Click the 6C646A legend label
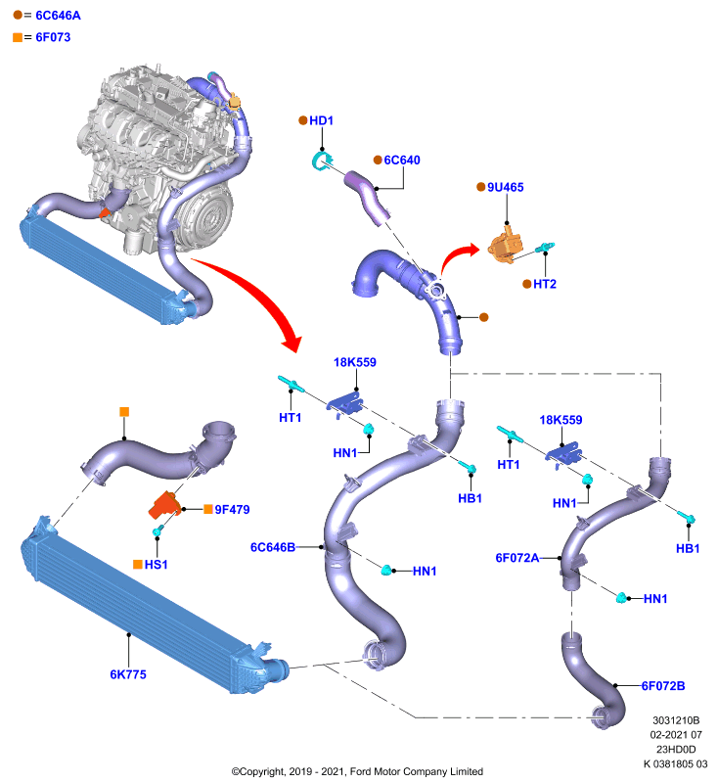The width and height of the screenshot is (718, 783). [x=58, y=16]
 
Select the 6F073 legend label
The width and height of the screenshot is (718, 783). [x=53, y=37]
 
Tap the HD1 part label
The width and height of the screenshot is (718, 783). [x=321, y=120]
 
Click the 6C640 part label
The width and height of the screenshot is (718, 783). [x=402, y=161]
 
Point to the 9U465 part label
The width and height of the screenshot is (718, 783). [x=506, y=187]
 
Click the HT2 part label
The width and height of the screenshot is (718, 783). [x=545, y=284]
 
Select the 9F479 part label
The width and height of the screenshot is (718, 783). [x=232, y=509]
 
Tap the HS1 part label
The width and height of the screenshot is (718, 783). [x=157, y=565]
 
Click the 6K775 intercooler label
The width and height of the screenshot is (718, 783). [x=128, y=674]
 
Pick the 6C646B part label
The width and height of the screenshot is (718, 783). [x=273, y=547]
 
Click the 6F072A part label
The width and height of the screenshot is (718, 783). [x=517, y=558]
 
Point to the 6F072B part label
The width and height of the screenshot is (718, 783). [x=663, y=686]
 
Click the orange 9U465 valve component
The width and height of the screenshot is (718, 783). [x=505, y=246]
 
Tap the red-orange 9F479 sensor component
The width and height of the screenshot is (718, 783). [x=164, y=504]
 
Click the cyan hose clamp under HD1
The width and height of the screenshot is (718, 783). [x=321, y=161]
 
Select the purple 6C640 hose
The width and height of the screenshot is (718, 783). [x=367, y=197]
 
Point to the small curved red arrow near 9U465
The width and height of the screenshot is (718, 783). [x=457, y=256]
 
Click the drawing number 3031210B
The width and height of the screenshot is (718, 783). [x=676, y=720]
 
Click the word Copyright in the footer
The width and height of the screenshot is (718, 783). [x=263, y=771]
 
